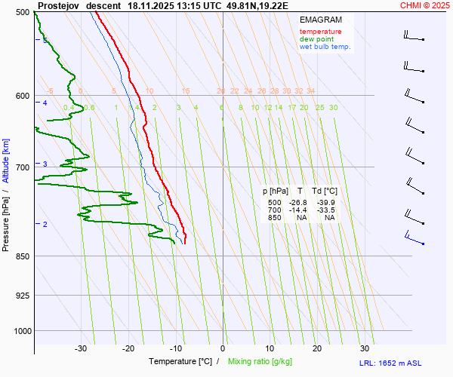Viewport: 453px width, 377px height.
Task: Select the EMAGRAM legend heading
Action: click(x=319, y=20)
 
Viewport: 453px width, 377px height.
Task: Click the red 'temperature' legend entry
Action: click(x=320, y=32)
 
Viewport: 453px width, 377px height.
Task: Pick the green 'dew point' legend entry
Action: click(x=316, y=39)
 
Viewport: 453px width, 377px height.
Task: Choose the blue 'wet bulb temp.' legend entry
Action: click(x=325, y=47)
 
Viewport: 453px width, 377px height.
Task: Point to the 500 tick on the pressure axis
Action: click(x=22, y=12)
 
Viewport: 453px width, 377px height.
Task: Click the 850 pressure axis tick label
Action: click(x=22, y=256)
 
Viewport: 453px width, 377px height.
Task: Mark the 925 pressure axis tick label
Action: click(x=22, y=296)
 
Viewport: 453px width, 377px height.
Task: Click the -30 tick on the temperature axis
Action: click(x=82, y=348)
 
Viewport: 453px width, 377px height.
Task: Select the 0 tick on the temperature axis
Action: click(x=223, y=348)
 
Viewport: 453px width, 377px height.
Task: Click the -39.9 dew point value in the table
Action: click(x=326, y=202)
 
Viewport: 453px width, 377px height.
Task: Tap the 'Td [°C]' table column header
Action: click(x=325, y=192)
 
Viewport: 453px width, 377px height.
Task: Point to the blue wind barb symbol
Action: click(x=413, y=241)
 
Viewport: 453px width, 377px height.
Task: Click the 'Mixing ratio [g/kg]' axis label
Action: click(x=263, y=362)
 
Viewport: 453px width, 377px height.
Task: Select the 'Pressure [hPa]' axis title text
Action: click(x=7, y=219)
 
